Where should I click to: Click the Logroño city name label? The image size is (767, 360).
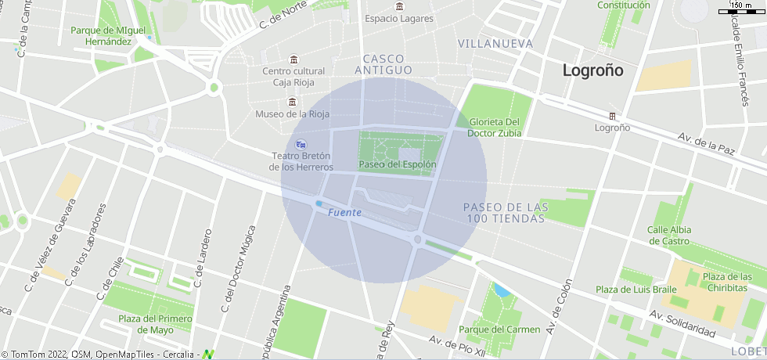(x=593, y=70)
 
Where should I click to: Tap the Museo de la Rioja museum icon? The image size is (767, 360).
(x=292, y=102)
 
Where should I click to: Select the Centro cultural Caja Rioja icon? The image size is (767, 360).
(x=293, y=60)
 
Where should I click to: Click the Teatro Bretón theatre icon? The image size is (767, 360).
(x=301, y=144)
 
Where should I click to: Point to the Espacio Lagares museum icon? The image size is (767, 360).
(x=399, y=6)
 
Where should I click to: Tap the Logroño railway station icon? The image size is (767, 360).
(x=613, y=116)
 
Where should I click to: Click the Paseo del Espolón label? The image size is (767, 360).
(x=398, y=165)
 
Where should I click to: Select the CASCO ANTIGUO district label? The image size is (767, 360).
(x=383, y=64)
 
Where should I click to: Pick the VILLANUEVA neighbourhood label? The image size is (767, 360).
(x=495, y=44)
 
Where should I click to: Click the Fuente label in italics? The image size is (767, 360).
(x=344, y=213)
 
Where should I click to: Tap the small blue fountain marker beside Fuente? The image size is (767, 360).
(x=319, y=204)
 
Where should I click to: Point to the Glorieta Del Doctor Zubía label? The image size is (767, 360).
(x=495, y=128)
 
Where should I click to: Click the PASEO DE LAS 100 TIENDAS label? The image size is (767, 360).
(x=506, y=212)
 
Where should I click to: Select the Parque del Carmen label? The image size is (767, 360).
(x=499, y=329)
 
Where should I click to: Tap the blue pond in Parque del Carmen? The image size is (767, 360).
(x=502, y=291)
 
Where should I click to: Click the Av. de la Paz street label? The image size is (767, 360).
(x=707, y=145)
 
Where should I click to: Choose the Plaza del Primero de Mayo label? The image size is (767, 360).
(x=155, y=324)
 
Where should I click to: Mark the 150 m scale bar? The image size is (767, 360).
(x=741, y=10)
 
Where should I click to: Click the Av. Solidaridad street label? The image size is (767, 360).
(x=682, y=323)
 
